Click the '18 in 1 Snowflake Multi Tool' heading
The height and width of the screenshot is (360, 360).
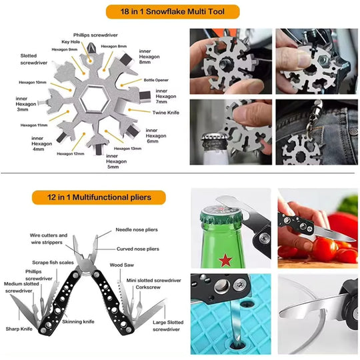pyautogui.click(x=180, y=11)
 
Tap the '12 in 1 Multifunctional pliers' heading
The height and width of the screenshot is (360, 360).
pyautogui.click(x=99, y=197)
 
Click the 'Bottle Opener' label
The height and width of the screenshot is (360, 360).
pyautogui.click(x=157, y=79)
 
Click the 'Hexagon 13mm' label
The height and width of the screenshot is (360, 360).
pyautogui.click(x=127, y=148)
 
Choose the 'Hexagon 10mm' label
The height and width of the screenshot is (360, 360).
pyautogui.click(x=32, y=82)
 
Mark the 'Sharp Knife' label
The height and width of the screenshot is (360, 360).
pyautogui.click(x=19, y=329)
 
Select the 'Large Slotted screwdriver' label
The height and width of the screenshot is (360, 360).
pyautogui.click(x=167, y=325)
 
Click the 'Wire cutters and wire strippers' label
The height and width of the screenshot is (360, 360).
pyautogui.click(x=48, y=239)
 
